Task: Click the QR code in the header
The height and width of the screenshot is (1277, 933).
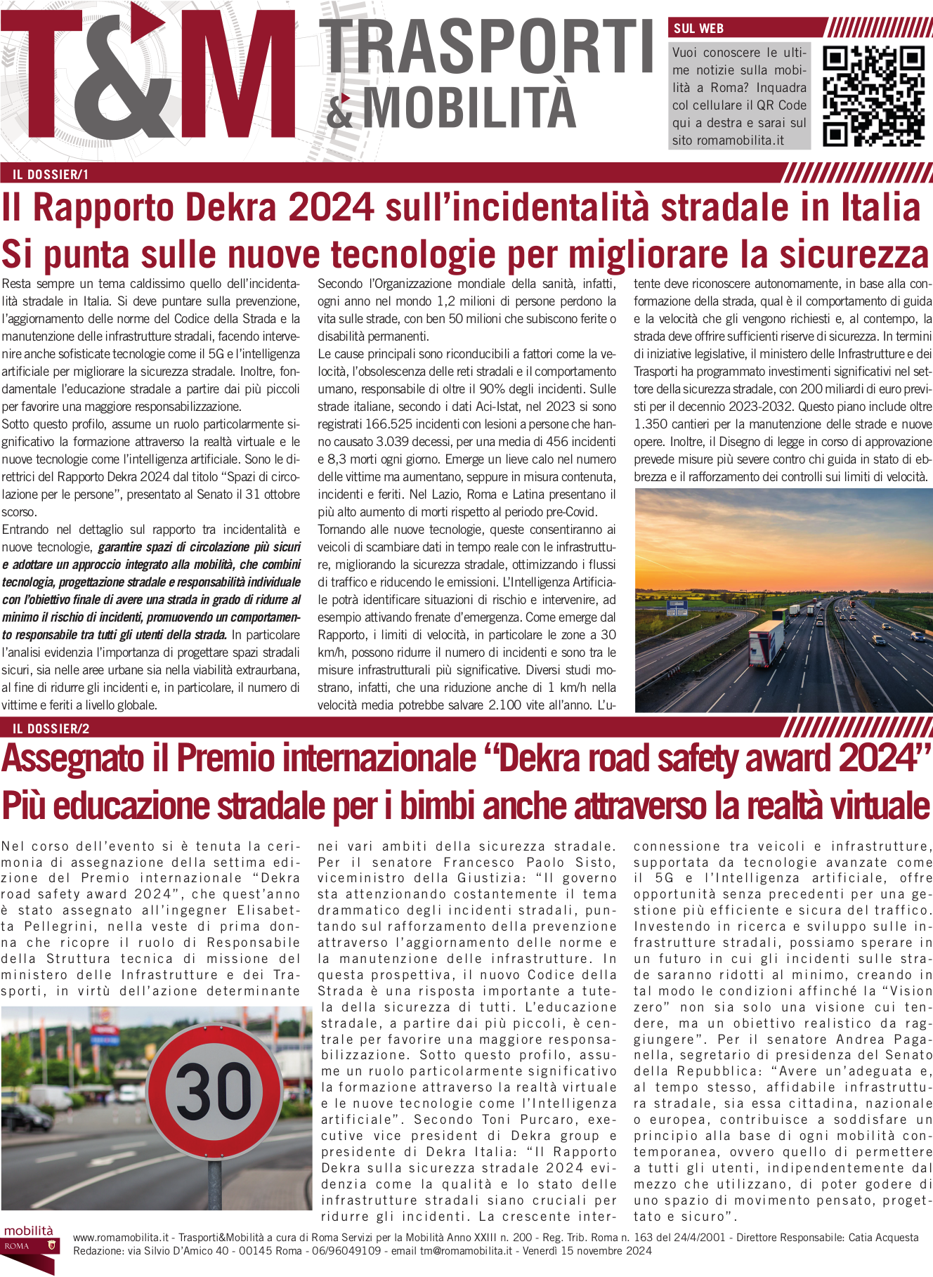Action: click(873, 96)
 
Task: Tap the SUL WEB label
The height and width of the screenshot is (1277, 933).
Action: click(698, 29)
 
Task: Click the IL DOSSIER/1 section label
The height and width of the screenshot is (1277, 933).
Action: click(51, 174)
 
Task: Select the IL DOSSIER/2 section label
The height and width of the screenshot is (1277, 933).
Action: click(51, 728)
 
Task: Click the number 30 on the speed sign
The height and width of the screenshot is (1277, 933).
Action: click(214, 1092)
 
